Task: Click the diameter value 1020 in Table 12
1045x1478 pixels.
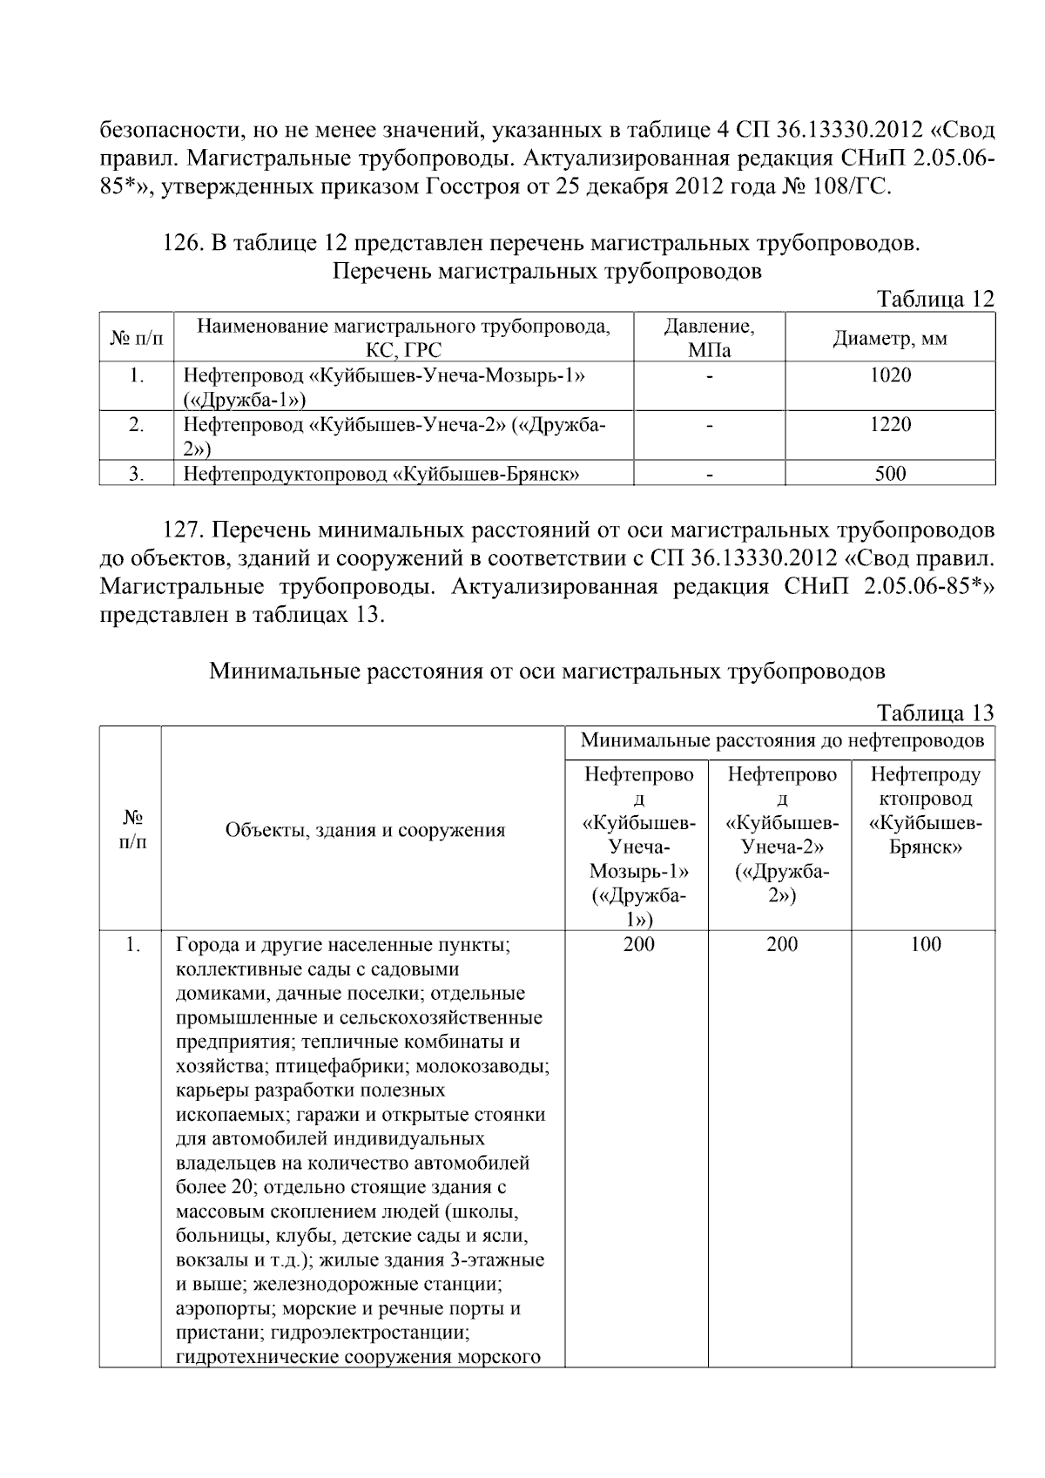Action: (x=889, y=375)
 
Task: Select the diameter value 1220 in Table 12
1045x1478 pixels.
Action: (x=889, y=424)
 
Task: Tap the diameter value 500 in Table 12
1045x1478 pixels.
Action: (x=889, y=474)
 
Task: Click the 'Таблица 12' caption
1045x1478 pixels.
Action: (x=935, y=299)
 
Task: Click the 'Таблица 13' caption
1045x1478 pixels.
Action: (x=935, y=712)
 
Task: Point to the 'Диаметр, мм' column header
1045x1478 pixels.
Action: (x=889, y=338)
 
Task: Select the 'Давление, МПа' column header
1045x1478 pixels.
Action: (x=709, y=338)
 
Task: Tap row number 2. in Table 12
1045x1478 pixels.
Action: (x=136, y=424)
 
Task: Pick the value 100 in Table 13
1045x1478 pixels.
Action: (x=925, y=944)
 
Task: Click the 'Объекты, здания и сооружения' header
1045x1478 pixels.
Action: (x=365, y=830)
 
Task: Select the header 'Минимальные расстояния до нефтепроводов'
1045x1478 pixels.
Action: (x=781, y=741)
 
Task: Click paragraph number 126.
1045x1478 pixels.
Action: (x=182, y=244)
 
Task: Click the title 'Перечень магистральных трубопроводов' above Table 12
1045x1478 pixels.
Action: (x=547, y=271)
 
